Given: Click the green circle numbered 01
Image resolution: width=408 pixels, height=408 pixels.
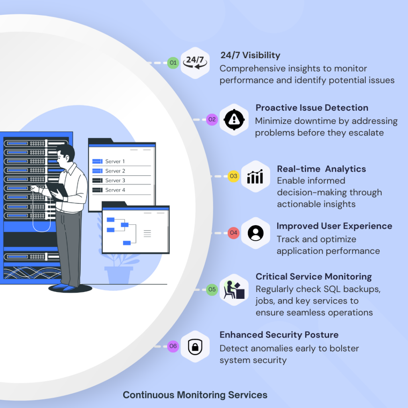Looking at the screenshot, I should tap(173, 63).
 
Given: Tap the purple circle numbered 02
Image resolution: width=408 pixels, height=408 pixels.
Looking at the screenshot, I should tap(212, 119).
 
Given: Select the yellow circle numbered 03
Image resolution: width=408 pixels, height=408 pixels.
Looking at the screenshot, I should tap(233, 176).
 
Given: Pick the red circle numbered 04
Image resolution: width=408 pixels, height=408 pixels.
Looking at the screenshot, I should tap(233, 233).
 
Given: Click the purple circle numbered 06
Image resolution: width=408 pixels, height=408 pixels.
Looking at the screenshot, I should tap(173, 346).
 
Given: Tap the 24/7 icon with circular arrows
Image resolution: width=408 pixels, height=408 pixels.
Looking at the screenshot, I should tap(195, 62).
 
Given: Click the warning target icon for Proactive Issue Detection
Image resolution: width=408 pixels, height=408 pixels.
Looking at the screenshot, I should tap(234, 119).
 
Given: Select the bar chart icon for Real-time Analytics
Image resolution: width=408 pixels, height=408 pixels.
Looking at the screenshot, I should tap(255, 176).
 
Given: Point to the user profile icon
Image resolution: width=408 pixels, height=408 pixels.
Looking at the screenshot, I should tap(255, 233).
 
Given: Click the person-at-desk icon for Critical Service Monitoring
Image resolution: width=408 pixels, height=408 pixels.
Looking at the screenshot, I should tap(234, 290).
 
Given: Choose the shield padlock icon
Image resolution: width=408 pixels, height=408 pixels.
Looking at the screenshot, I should tap(195, 346).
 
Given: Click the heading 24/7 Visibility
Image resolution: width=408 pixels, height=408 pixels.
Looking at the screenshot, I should tap(250, 55).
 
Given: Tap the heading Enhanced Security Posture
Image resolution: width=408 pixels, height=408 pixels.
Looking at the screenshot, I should tap(279, 335).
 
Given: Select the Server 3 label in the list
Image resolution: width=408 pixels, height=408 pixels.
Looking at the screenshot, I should tap(115, 180).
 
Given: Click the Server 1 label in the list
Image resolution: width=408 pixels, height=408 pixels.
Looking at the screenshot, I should tap(115, 161).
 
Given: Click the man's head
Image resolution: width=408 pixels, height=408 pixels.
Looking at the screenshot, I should tap(66, 153).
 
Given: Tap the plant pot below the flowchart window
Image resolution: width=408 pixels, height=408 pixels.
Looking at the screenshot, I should tap(119, 275).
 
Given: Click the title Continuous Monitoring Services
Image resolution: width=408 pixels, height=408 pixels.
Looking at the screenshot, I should tap(195, 395).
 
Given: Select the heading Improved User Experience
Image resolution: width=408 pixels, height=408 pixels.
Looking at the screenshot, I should tap(334, 226).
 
